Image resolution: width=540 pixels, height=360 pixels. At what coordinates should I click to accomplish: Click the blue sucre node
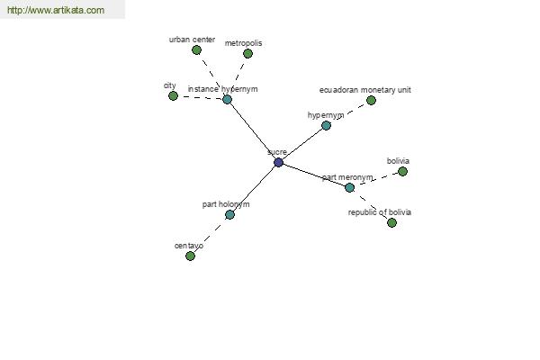(x=279, y=162)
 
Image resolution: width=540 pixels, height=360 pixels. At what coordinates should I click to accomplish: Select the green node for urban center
(x=196, y=50)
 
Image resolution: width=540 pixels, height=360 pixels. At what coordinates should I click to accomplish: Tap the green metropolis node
(x=247, y=53)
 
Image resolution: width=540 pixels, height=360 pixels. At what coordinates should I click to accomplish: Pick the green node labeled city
(x=173, y=95)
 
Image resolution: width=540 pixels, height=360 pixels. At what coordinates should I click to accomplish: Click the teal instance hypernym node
(x=227, y=100)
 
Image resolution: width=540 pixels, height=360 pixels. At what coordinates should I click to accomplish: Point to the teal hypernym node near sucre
(x=326, y=125)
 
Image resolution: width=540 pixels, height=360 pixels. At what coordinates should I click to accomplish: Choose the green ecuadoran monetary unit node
(x=371, y=100)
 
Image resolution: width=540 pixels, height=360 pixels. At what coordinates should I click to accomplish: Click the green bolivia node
(x=402, y=171)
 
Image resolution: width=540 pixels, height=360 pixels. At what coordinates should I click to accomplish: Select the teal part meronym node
(x=349, y=187)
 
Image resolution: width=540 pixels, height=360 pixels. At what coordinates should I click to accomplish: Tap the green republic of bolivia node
(x=391, y=222)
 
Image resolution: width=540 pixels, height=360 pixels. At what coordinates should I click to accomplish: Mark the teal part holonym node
(x=229, y=214)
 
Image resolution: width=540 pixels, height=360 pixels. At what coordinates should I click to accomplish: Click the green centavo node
(x=190, y=256)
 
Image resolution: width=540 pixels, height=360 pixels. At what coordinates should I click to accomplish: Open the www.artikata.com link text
(x=56, y=10)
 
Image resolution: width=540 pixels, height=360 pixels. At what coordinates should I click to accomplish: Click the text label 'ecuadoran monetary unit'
(x=365, y=90)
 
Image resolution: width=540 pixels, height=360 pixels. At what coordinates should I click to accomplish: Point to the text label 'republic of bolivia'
(x=380, y=212)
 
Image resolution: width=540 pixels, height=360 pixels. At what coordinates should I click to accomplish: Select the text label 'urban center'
(x=192, y=40)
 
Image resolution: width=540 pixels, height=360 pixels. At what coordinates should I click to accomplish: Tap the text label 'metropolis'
(x=244, y=43)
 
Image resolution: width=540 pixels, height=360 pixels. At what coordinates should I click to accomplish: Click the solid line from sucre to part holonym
(x=254, y=188)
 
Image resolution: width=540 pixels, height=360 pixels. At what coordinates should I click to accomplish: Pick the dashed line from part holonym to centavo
(x=210, y=235)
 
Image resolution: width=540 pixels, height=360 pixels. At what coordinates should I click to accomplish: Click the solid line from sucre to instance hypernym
(x=253, y=130)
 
